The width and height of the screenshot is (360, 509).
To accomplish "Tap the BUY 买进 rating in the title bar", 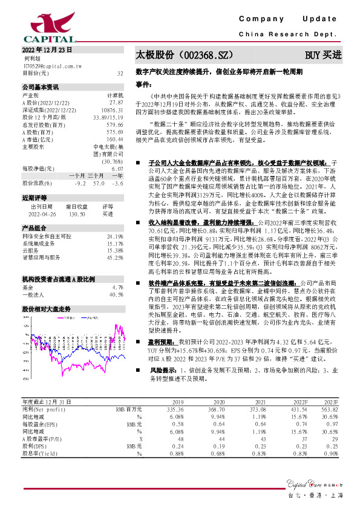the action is point(322,55).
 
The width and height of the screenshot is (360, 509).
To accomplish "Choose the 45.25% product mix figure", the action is point(115,257).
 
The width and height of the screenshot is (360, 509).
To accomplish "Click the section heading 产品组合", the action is point(34,227).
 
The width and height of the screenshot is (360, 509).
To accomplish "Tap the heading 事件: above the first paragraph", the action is point(142,83).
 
